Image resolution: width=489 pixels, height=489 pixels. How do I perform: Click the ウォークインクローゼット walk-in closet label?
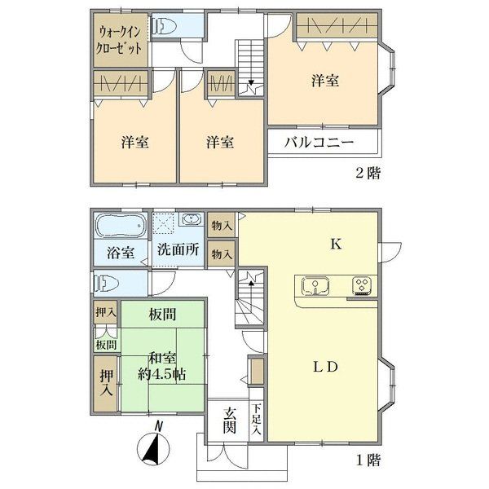[x=119, y=41]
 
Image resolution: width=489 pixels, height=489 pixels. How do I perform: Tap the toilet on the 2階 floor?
[x=164, y=26]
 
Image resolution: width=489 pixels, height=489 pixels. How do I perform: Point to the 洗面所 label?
[x=178, y=249]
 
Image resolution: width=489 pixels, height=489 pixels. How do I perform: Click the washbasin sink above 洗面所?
[x=191, y=219]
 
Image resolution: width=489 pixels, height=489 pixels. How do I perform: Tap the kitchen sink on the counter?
[x=316, y=286]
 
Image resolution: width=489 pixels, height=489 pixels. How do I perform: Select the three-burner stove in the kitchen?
[x=362, y=286]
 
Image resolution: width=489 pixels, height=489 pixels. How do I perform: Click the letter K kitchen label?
[x=336, y=244]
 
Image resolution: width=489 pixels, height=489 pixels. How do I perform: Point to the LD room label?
[x=325, y=367]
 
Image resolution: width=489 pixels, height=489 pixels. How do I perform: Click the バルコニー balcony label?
[x=319, y=143]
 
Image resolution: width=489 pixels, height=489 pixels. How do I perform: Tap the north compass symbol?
[x=154, y=444]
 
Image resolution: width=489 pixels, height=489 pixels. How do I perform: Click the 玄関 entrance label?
[x=230, y=420]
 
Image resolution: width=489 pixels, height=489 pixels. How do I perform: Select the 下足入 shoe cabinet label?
[x=257, y=419]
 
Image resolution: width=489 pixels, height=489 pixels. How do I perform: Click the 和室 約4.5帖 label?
[x=162, y=366]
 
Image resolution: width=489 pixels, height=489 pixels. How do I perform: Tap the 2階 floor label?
[x=368, y=173]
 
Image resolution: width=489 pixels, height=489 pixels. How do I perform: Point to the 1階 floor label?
[x=368, y=460]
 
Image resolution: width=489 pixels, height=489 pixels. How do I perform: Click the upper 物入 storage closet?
[x=222, y=225]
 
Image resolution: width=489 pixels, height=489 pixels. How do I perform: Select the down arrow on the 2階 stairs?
[x=251, y=82]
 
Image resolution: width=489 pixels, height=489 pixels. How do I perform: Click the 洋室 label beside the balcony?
[x=325, y=81]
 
